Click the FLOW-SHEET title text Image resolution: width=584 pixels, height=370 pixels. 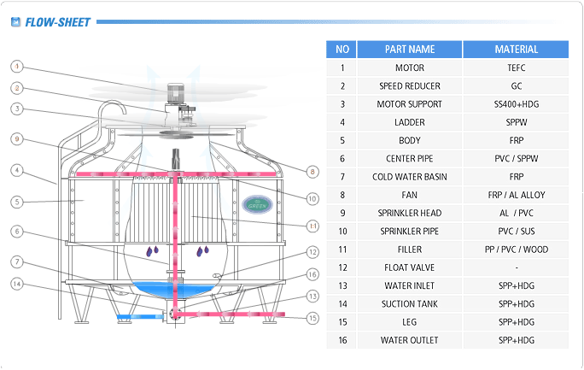[x=57, y=22]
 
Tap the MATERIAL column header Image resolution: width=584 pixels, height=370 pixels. [x=516, y=50]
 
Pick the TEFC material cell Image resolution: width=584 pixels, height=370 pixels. [x=516, y=68]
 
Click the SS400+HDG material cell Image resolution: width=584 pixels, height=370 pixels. [x=516, y=104]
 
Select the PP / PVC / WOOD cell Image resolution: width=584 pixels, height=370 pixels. [x=516, y=250]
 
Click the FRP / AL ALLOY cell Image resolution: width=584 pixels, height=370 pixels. [x=516, y=195]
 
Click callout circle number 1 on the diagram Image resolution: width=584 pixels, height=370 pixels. [x=17, y=66]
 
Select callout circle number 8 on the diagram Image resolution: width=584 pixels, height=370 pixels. [x=312, y=172]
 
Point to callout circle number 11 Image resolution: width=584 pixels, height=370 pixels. [x=312, y=226]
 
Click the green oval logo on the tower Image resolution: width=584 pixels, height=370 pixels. [x=256, y=204]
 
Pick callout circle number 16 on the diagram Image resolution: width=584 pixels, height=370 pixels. [x=312, y=274]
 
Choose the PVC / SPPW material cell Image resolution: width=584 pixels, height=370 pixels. [x=516, y=159]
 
